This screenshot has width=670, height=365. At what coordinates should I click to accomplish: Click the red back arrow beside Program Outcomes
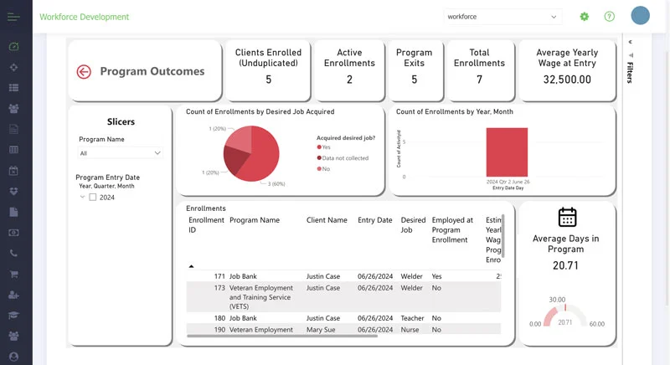click(x=83, y=72)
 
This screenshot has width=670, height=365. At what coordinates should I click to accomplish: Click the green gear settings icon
click(x=585, y=17)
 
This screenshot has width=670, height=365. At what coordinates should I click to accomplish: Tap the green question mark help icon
click(x=609, y=17)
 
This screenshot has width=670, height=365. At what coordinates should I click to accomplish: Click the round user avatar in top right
click(x=640, y=16)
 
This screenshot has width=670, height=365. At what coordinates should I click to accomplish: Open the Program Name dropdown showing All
click(x=120, y=153)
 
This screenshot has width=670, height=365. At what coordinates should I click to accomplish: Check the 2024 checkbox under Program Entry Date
click(x=93, y=198)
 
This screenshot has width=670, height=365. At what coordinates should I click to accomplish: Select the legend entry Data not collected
click(x=345, y=157)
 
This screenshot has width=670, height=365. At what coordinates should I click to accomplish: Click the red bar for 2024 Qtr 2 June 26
click(x=507, y=152)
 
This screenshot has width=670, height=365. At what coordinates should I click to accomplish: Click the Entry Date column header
click(x=374, y=220)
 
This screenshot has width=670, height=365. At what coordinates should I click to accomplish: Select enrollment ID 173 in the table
click(x=219, y=288)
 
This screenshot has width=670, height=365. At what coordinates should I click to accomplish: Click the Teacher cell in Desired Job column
click(x=412, y=318)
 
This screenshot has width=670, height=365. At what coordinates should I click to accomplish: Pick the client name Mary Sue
click(x=322, y=330)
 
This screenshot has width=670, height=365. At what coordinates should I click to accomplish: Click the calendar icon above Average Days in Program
click(x=567, y=217)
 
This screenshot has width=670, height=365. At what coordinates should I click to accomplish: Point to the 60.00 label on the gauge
click(x=596, y=324)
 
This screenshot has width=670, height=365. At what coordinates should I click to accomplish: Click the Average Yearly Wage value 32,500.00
click(x=567, y=80)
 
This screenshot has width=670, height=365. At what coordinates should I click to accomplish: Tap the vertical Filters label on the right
click(x=630, y=72)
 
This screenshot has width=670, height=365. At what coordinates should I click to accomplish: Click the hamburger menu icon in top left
click(x=13, y=17)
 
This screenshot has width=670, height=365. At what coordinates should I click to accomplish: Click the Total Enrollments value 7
click(x=479, y=80)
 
